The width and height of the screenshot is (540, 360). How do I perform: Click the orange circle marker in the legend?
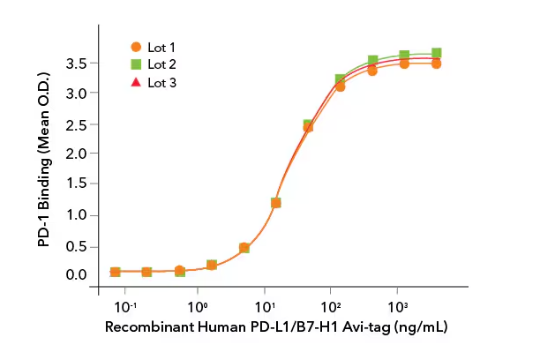coord(136,46)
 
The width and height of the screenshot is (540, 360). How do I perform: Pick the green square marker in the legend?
coord(136,64)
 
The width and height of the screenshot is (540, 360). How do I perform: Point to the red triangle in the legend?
coord(136,82)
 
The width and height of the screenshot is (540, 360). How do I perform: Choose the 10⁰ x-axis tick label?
coord(199,308)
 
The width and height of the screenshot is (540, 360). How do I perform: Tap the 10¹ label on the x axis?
coord(266,308)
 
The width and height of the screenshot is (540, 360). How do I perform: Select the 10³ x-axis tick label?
coord(398,308)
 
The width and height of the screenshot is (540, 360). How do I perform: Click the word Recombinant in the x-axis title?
coord(143,327)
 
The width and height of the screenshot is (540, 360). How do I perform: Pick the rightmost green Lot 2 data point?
coord(436,53)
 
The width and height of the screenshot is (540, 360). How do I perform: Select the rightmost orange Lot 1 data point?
coord(436,64)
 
